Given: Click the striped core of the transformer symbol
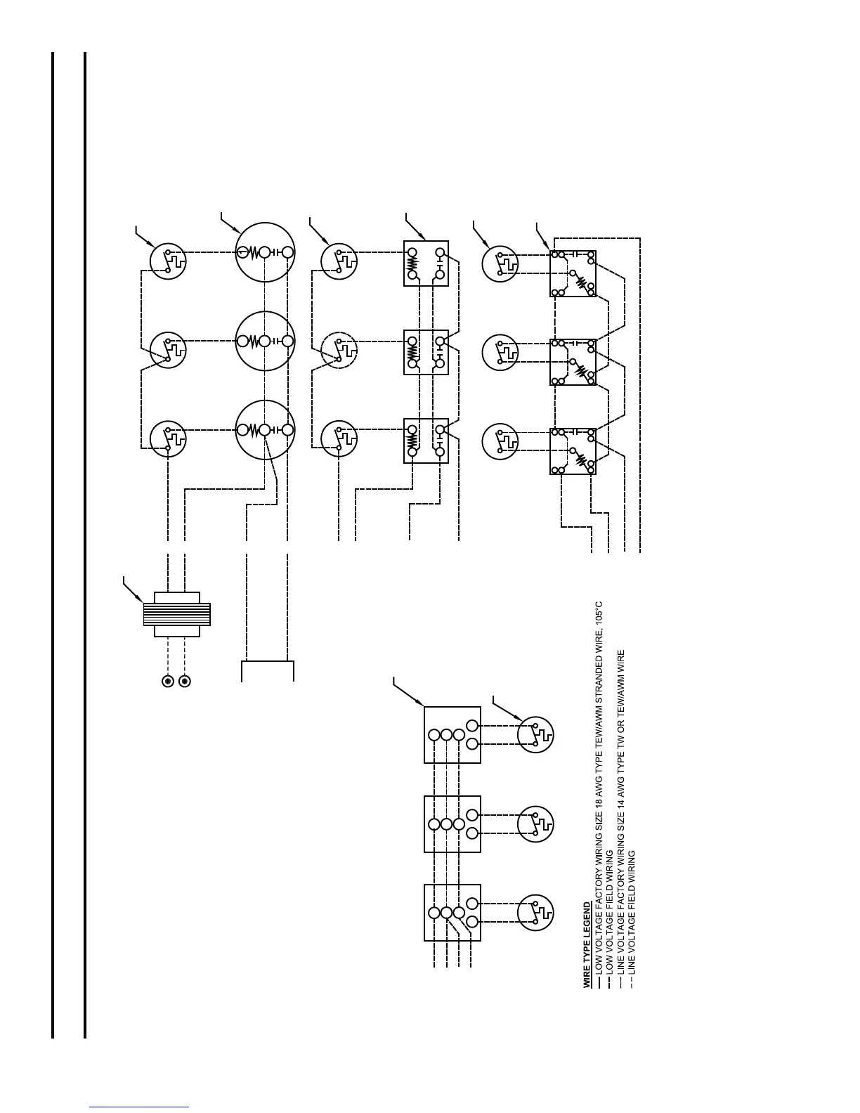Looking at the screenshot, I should [x=176, y=614].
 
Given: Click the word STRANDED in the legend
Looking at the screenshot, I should [x=599, y=674].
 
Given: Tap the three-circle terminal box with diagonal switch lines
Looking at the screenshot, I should [x=452, y=912].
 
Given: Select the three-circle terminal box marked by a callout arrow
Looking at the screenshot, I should [x=452, y=734].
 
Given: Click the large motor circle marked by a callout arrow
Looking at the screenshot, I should [x=265, y=252].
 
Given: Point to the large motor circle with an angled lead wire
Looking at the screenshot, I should [x=265, y=429].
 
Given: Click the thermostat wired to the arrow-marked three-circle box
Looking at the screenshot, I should [x=535, y=735].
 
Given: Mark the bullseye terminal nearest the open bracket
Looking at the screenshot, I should [x=185, y=681].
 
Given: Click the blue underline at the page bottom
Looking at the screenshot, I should [x=140, y=1107].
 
